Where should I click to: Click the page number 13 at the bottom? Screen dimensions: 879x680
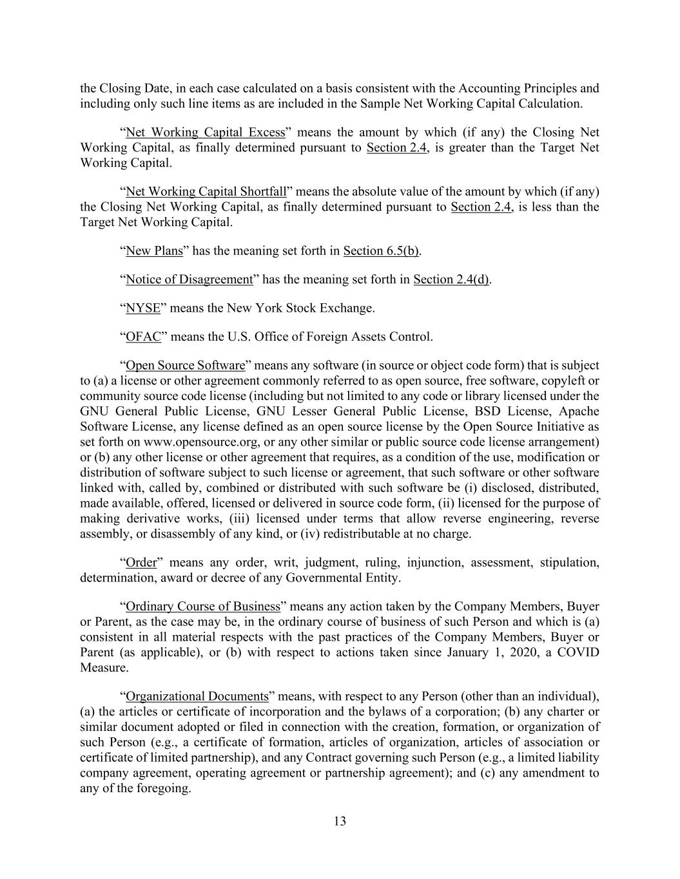click(340, 821)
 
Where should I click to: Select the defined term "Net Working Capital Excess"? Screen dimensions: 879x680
click(205, 133)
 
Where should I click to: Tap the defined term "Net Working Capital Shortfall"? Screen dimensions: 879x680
click(206, 192)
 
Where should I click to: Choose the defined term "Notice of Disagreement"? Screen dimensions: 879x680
click(189, 279)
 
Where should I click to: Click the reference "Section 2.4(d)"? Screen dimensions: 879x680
click(451, 279)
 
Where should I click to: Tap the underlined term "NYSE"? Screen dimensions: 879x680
click(142, 308)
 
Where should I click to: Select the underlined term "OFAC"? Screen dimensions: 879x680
click(143, 337)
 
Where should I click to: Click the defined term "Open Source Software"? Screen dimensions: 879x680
click(185, 366)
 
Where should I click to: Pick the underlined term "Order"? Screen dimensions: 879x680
click(141, 563)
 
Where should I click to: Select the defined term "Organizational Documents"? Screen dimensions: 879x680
click(197, 697)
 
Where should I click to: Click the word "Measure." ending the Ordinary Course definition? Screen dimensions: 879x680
click(104, 668)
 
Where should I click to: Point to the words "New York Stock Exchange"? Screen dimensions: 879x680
click(300, 308)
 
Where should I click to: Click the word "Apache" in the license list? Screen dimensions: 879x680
click(579, 411)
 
